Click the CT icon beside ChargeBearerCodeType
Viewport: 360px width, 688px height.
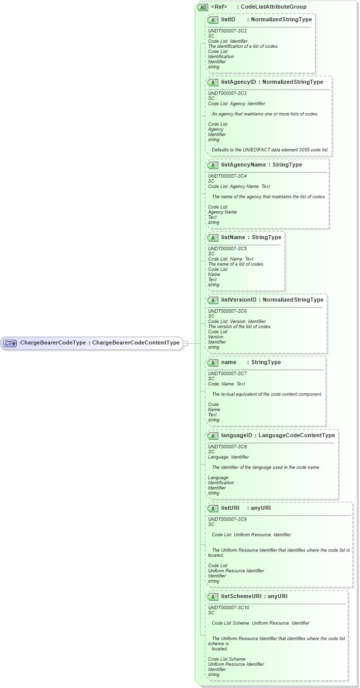[10, 343]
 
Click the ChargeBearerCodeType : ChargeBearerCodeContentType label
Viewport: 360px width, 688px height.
[100, 343]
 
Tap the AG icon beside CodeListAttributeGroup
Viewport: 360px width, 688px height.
[203, 7]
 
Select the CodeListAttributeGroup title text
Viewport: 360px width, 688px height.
[273, 7]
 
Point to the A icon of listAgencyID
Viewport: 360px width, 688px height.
[213, 82]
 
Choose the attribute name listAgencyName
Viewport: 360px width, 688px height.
[243, 165]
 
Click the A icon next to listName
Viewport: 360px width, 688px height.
[213, 238]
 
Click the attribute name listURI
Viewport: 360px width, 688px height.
[230, 508]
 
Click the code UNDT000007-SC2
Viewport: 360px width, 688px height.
[227, 31]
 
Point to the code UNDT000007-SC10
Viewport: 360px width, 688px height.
[228, 607]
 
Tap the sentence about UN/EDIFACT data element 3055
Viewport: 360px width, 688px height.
[270, 150]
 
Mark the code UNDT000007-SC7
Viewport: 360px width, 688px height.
[227, 373]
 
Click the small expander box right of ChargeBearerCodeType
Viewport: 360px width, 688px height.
[185, 343]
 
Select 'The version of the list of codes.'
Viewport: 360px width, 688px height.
[240, 326]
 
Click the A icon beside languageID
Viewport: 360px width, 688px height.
[213, 436]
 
